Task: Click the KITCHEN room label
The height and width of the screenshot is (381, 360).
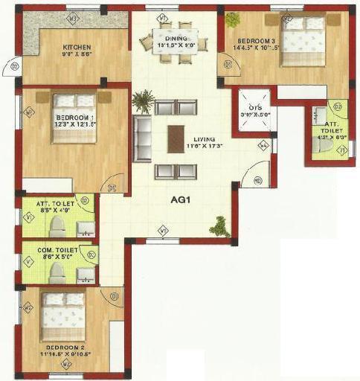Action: pyautogui.click(x=77, y=46)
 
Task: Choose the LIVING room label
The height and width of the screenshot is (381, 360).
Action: pyautogui.click(x=199, y=139)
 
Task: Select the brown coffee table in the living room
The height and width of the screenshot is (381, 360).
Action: pyautogui.click(x=176, y=139)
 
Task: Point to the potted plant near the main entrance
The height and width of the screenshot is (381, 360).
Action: pyautogui.click(x=219, y=225)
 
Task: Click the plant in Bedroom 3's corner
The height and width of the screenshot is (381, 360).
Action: pyautogui.click(x=233, y=20)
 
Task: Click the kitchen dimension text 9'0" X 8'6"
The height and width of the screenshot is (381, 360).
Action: pyautogui.click(x=77, y=54)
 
